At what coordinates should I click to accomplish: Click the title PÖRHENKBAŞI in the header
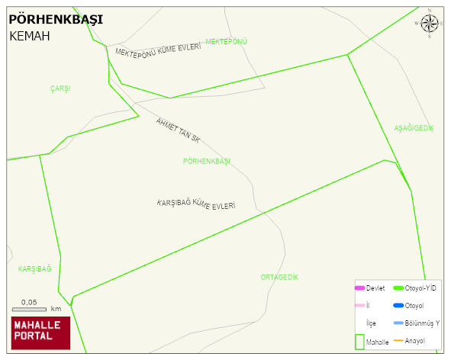pyautogui.click(x=55, y=20)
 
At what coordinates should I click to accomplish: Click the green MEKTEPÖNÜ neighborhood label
pyautogui.click(x=227, y=41)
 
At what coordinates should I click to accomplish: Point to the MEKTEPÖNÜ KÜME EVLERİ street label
pyautogui.click(x=158, y=50)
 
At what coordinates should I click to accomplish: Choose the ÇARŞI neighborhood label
pyautogui.click(x=60, y=88)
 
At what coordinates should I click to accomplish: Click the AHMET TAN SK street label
pyautogui.click(x=178, y=130)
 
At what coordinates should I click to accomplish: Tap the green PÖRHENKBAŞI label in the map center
pyautogui.click(x=207, y=161)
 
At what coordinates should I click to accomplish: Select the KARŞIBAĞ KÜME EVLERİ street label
pyautogui.click(x=195, y=204)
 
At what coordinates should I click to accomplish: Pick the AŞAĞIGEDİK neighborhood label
pyautogui.click(x=414, y=127)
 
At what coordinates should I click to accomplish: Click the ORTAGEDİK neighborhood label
pyautogui.click(x=279, y=277)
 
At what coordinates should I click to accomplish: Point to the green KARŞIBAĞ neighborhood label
pyautogui.click(x=34, y=268)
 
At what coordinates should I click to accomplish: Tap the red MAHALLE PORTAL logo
pyautogui.click(x=40, y=333)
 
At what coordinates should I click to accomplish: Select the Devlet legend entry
pyautogui.click(x=369, y=288)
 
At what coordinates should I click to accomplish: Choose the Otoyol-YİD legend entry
pyautogui.click(x=414, y=288)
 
